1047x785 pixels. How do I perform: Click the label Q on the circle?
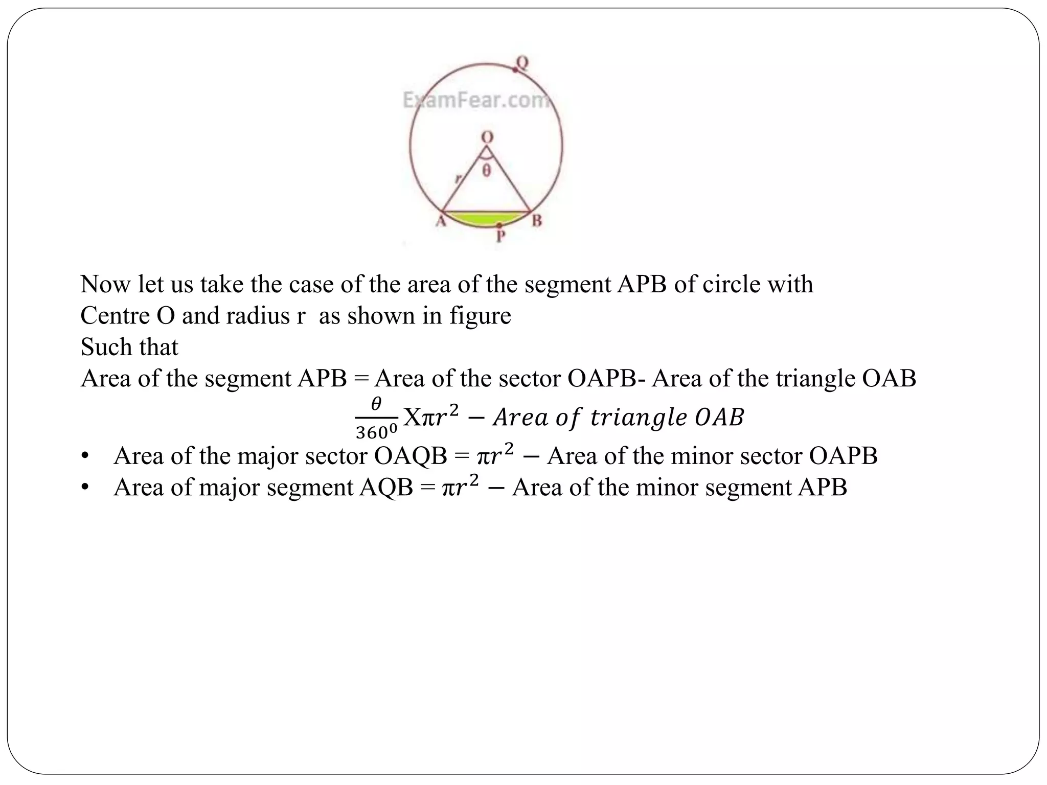pyautogui.click(x=522, y=63)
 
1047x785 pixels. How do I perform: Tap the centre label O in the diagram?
pyautogui.click(x=487, y=137)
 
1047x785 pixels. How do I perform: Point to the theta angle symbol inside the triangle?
pyautogui.click(x=487, y=170)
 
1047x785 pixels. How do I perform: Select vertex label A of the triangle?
pyautogui.click(x=440, y=221)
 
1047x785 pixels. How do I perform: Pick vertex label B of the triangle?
pyautogui.click(x=536, y=221)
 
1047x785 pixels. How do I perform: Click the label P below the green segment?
pyautogui.click(x=501, y=237)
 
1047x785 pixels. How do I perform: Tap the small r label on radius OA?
pyautogui.click(x=458, y=178)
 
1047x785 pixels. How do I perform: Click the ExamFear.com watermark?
pyautogui.click(x=476, y=100)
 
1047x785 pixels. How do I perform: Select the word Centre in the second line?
pyautogui.click(x=115, y=316)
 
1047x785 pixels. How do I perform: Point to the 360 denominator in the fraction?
pyautogui.click(x=376, y=433)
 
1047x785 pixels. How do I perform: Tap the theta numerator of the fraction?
pyautogui.click(x=376, y=405)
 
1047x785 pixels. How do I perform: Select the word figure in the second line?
pyautogui.click(x=480, y=316)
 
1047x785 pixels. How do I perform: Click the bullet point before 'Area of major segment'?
pyautogui.click(x=85, y=488)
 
